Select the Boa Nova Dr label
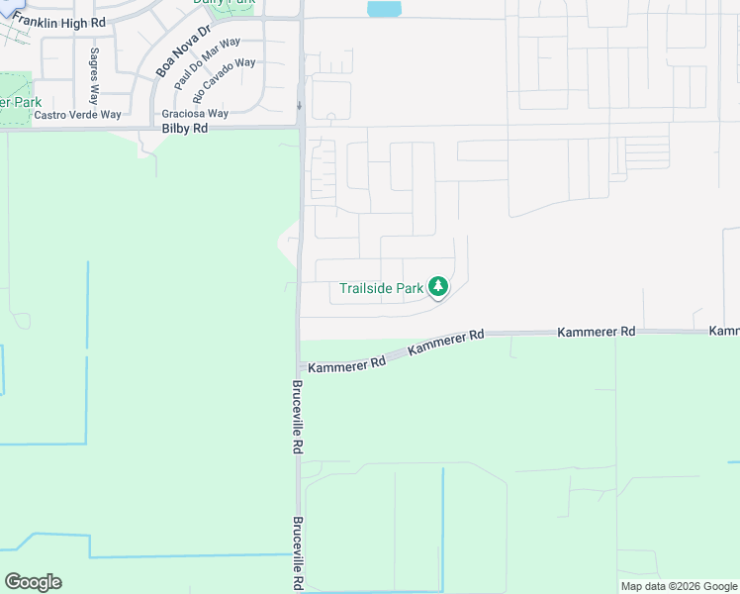point(184,51)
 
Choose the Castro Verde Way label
point(77,115)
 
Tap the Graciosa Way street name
point(195,114)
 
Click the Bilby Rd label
point(185,129)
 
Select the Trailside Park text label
point(381,288)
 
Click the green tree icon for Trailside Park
point(437,288)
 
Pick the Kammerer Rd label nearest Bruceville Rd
point(346,364)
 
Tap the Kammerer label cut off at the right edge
point(725,331)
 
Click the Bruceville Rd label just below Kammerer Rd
point(297,417)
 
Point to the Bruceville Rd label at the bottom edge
point(297,554)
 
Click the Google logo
point(33,582)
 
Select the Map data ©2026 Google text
point(679,586)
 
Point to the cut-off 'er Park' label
point(21,102)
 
